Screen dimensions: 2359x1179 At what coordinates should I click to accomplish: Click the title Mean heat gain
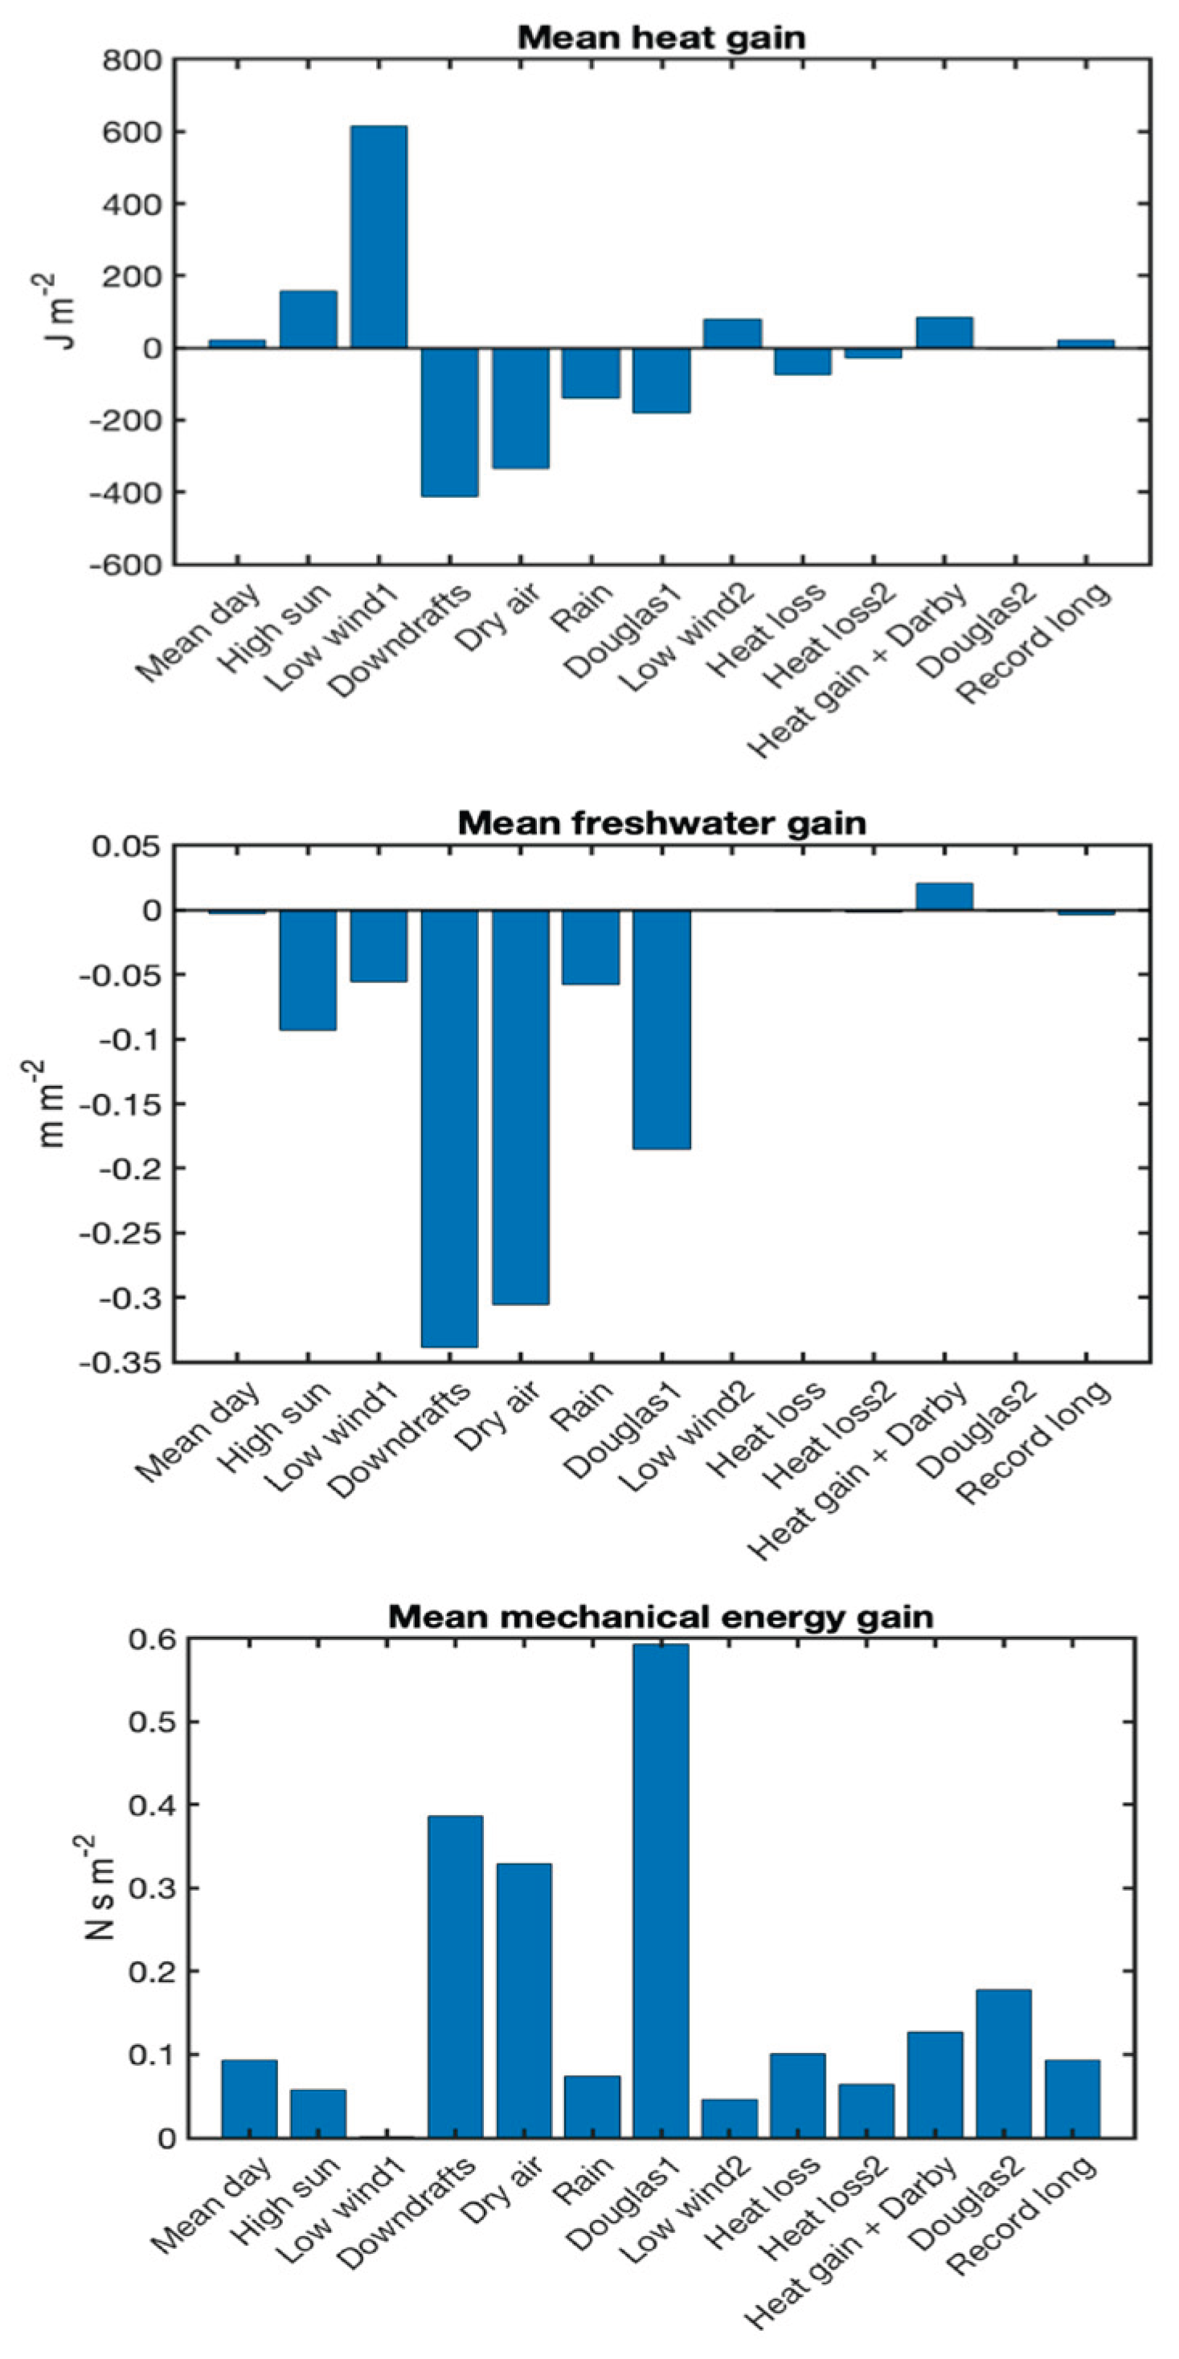661,38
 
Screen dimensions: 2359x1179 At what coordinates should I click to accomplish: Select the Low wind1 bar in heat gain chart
379,237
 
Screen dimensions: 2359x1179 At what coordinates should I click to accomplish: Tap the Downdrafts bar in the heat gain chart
449,421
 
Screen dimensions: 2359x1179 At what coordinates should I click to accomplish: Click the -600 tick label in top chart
126,565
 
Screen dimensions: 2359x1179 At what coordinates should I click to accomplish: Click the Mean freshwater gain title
661,822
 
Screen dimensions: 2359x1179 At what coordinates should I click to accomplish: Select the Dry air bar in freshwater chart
520,1106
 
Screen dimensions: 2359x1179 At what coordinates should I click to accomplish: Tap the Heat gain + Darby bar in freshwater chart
944,896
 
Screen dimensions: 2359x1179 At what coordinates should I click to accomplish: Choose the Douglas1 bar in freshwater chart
661,1030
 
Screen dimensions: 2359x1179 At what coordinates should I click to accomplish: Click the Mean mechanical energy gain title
661,1616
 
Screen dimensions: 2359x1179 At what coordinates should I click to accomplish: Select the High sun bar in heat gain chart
308,319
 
